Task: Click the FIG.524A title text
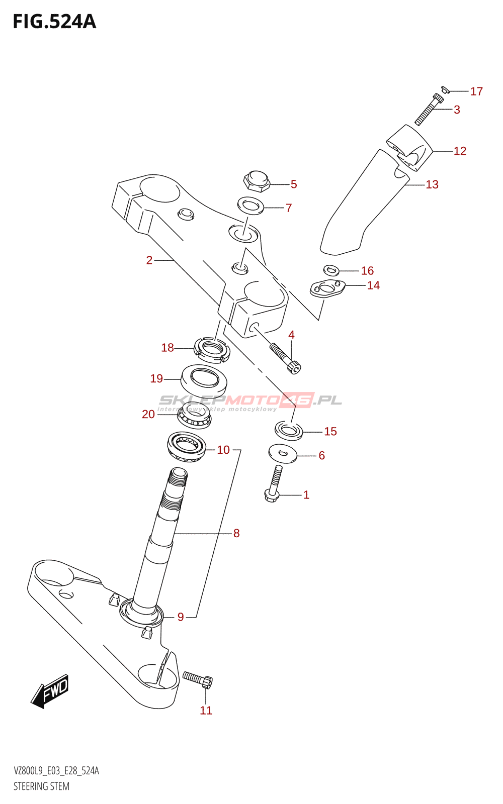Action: [54, 22]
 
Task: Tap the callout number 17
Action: [476, 91]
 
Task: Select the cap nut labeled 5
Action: [257, 181]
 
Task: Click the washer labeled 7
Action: [250, 205]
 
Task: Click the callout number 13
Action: [432, 185]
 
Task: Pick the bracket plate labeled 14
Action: [327, 288]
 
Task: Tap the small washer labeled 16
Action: [330, 270]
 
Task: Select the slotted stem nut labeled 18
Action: [212, 349]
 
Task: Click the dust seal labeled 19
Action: [204, 379]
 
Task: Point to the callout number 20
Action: [148, 414]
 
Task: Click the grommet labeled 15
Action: [289, 430]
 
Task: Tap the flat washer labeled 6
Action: [283, 453]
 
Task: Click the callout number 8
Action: [236, 533]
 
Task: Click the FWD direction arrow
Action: [50, 691]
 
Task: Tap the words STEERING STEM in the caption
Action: [41, 786]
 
